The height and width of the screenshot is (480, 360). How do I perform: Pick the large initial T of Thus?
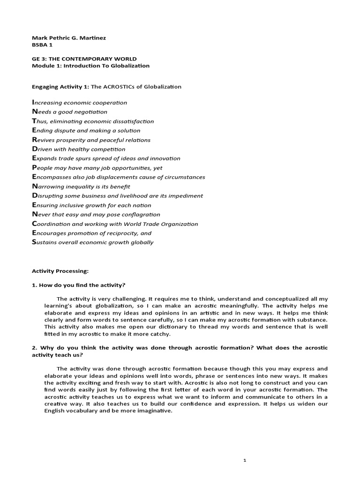(x=34, y=121)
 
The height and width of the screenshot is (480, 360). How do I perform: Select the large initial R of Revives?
(x=34, y=140)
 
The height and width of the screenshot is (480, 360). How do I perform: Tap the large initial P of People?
(x=34, y=167)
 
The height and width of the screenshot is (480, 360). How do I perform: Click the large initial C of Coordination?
(x=34, y=224)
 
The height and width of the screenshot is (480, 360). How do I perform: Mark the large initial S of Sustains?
(x=34, y=242)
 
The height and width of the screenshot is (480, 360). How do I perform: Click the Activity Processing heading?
(x=60, y=271)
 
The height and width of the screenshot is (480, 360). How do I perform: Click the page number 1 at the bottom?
(x=245, y=461)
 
